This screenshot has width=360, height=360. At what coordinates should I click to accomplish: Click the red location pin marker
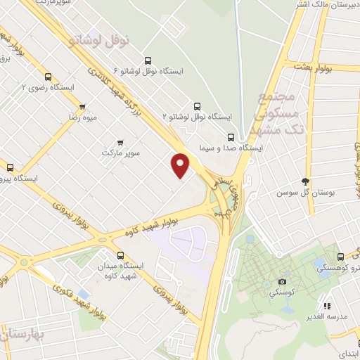[x=181, y=165]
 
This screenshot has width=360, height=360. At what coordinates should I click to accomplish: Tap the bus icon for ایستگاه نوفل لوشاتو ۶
[x=147, y=60]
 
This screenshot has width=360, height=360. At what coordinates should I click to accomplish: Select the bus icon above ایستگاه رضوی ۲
[x=48, y=77]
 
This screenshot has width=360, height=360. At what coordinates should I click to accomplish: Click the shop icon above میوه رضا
[x=82, y=107]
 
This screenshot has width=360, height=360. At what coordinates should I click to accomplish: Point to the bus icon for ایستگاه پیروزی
[x=10, y=167]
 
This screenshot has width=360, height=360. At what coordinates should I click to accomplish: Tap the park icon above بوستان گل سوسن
[x=304, y=181]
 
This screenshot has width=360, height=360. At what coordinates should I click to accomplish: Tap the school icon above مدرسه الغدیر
[x=327, y=307]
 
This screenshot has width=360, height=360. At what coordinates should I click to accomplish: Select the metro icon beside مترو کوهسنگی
[x=340, y=257]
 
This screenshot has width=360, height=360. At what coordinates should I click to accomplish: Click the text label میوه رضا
[x=82, y=118]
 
